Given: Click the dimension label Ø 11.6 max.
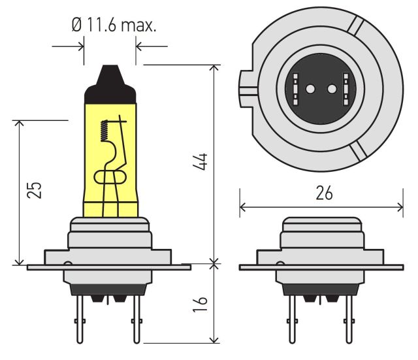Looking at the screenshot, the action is click(x=114, y=25).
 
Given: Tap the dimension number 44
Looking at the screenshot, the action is click(x=201, y=162).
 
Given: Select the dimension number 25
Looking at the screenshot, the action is click(x=34, y=190).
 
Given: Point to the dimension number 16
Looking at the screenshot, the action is click(x=201, y=304).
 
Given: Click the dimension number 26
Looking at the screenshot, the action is click(x=325, y=193).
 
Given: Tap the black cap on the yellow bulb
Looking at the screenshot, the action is click(x=110, y=84).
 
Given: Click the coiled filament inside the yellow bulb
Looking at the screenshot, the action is click(x=104, y=131).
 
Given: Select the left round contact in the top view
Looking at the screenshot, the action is click(x=310, y=89).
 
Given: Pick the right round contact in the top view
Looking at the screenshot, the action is click(x=332, y=89).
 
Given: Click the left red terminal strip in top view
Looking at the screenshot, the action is click(x=295, y=89).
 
